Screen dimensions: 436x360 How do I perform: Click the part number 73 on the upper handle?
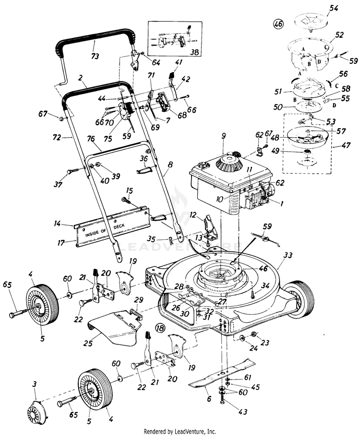pos(95,56)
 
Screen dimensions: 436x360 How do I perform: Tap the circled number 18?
pos(160,329)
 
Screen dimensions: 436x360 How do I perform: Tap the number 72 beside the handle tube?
pos(57,138)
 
